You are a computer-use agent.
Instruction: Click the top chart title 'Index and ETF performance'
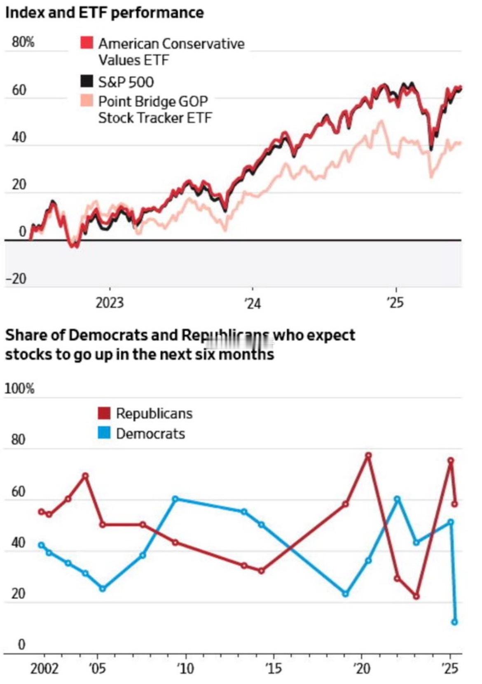[104, 13]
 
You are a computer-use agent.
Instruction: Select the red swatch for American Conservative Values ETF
[87, 43]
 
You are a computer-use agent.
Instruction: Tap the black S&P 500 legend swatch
[87, 81]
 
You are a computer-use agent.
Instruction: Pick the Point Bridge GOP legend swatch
[87, 100]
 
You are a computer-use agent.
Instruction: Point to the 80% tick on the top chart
[23, 42]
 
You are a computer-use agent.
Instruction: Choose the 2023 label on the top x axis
[110, 303]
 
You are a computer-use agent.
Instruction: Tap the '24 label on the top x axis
[252, 304]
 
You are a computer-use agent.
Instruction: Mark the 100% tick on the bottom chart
[20, 389]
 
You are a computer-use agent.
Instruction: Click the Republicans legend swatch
[104, 413]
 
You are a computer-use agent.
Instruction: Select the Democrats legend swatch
[104, 433]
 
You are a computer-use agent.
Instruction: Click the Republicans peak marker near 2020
[368, 455]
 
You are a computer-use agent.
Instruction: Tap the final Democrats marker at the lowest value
[454, 622]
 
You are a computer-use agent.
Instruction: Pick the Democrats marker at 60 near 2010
[175, 499]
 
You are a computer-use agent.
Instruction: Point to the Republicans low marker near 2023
[416, 596]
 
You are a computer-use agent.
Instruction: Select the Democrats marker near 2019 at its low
[345, 594]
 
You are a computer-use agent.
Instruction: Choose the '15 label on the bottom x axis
[273, 669]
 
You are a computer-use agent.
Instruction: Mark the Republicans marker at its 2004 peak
[86, 476]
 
